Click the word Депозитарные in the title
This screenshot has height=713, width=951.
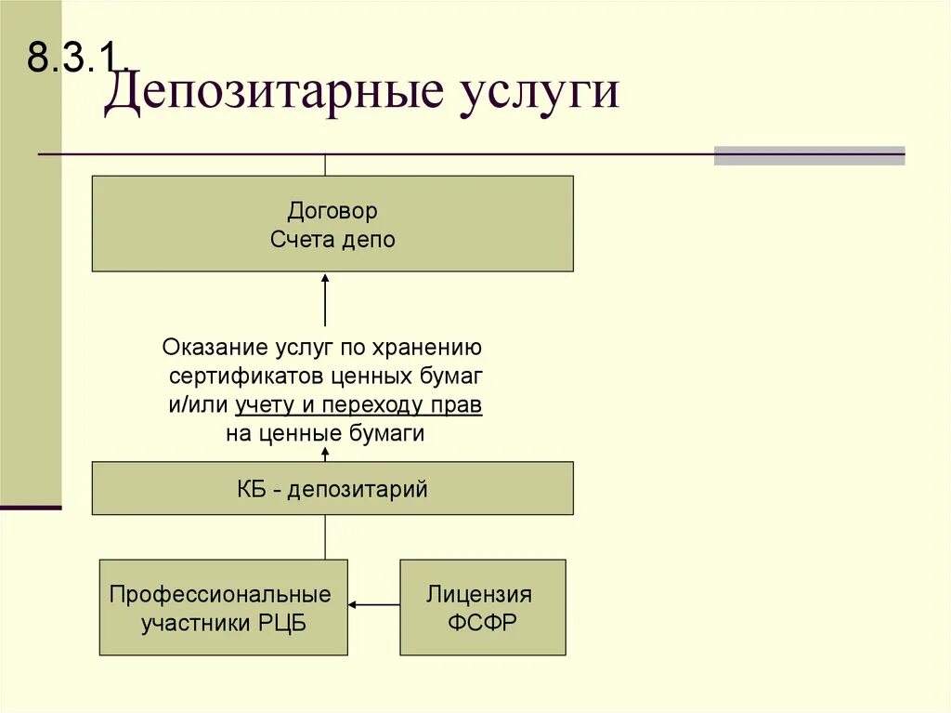coord(270,94)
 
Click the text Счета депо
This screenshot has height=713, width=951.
coord(332,240)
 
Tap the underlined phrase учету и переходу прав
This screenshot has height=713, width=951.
coord(358,406)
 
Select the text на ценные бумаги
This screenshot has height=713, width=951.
coord(324,434)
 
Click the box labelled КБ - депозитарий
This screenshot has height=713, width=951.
coord(332,489)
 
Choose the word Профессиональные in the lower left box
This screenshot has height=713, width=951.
coord(220,594)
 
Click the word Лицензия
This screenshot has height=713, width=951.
coord(479,594)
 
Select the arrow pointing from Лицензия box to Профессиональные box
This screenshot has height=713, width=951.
coord(373,605)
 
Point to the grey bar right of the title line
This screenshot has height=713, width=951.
coord(809,155)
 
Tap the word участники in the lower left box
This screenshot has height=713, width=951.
coord(191,623)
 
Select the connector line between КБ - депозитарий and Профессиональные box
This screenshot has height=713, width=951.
coord(325,536)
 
